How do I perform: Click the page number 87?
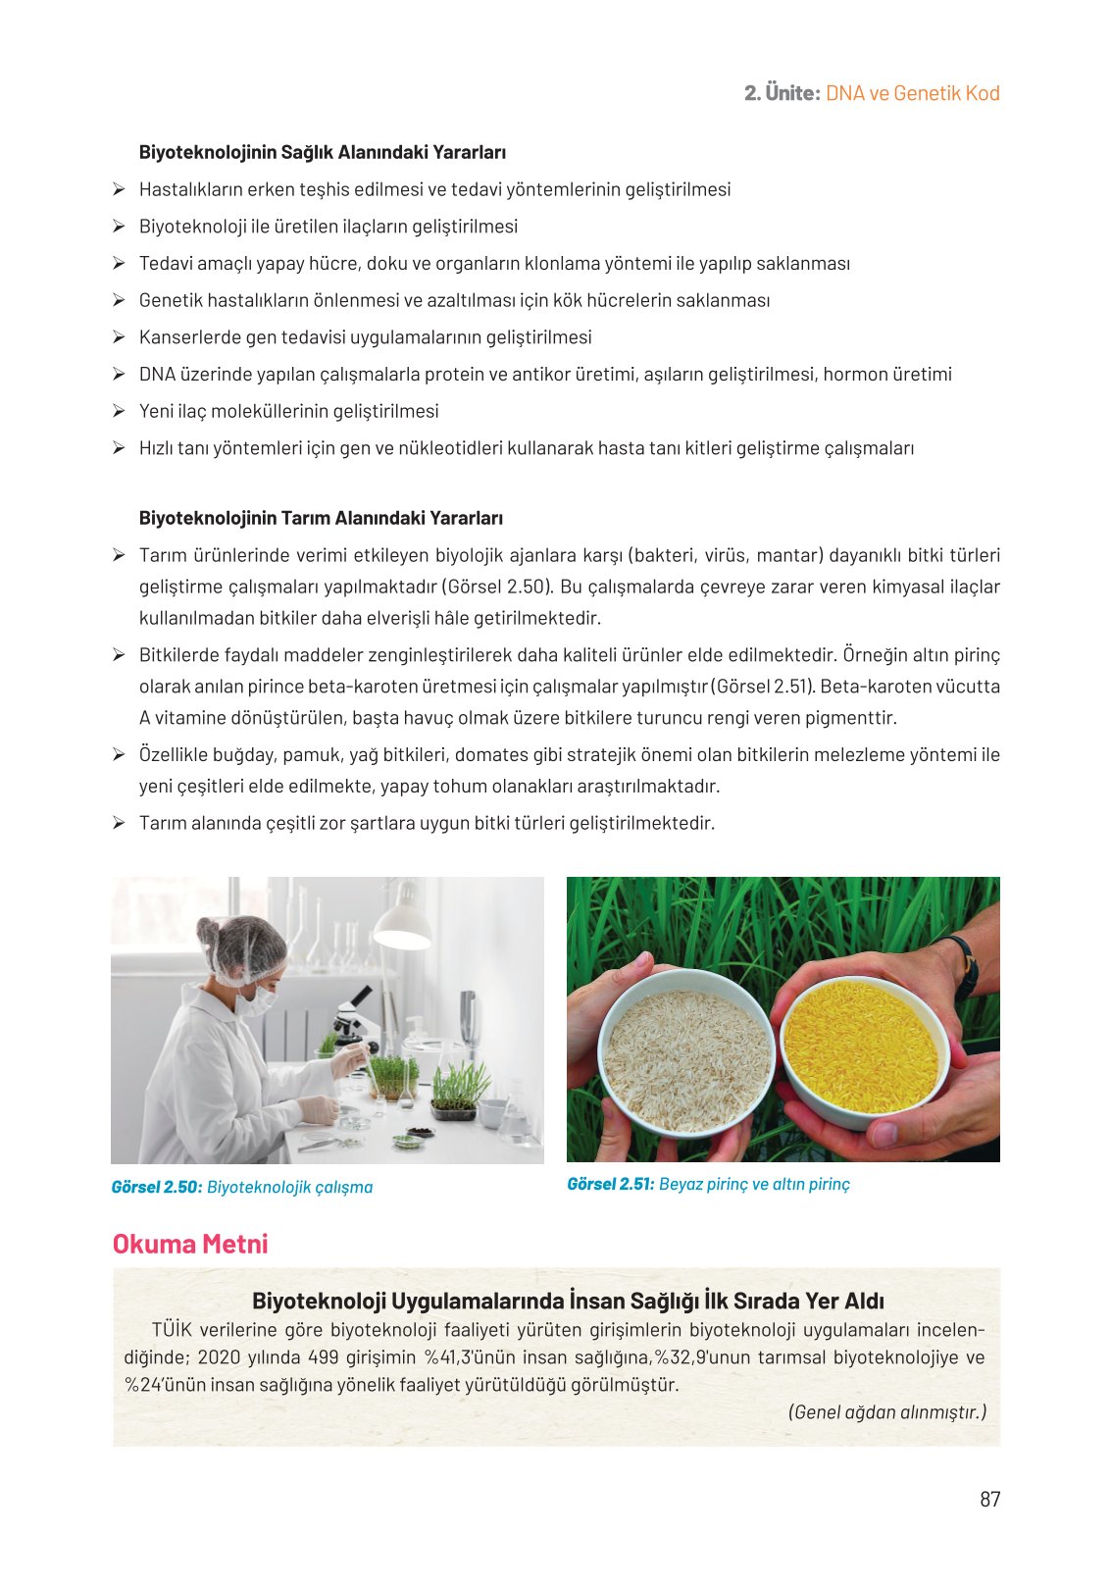coord(989,1499)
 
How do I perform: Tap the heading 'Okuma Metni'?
coord(190,1243)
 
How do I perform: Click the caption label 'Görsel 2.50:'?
coord(157,1187)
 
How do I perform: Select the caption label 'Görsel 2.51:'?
coord(611,1184)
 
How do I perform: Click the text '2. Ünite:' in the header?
coord(783,93)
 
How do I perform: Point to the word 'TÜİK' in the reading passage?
coord(172,1329)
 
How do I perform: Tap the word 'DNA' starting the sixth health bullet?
coord(157,374)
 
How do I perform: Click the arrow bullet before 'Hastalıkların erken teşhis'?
coord(119,189)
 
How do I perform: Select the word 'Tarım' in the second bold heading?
coord(303,518)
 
